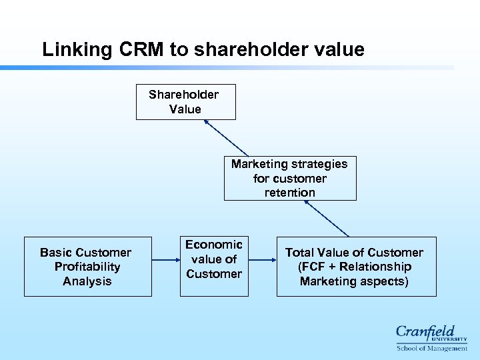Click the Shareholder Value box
click(185, 102)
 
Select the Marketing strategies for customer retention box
click(289, 178)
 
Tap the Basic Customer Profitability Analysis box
click(87, 267)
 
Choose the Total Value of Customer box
click(356, 267)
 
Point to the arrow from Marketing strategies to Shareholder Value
click(227, 138)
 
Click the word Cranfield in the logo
click(425, 332)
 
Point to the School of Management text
click(431, 348)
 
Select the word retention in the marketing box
click(289, 193)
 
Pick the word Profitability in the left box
click(87, 267)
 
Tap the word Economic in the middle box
click(214, 245)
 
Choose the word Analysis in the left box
click(87, 281)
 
